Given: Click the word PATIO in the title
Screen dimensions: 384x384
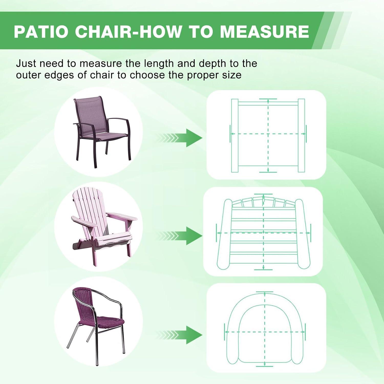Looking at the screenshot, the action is coord(41,31).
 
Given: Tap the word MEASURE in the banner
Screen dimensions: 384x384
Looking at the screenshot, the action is coord(264,31).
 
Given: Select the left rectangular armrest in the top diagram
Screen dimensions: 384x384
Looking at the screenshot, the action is coord(235,136).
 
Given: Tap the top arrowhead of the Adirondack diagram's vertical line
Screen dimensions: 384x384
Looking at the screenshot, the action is coord(263,196).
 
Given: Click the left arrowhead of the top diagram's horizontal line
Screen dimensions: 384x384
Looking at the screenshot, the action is coord(232,134).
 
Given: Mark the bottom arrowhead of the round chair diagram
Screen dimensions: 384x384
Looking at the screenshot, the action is coord(265,364).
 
